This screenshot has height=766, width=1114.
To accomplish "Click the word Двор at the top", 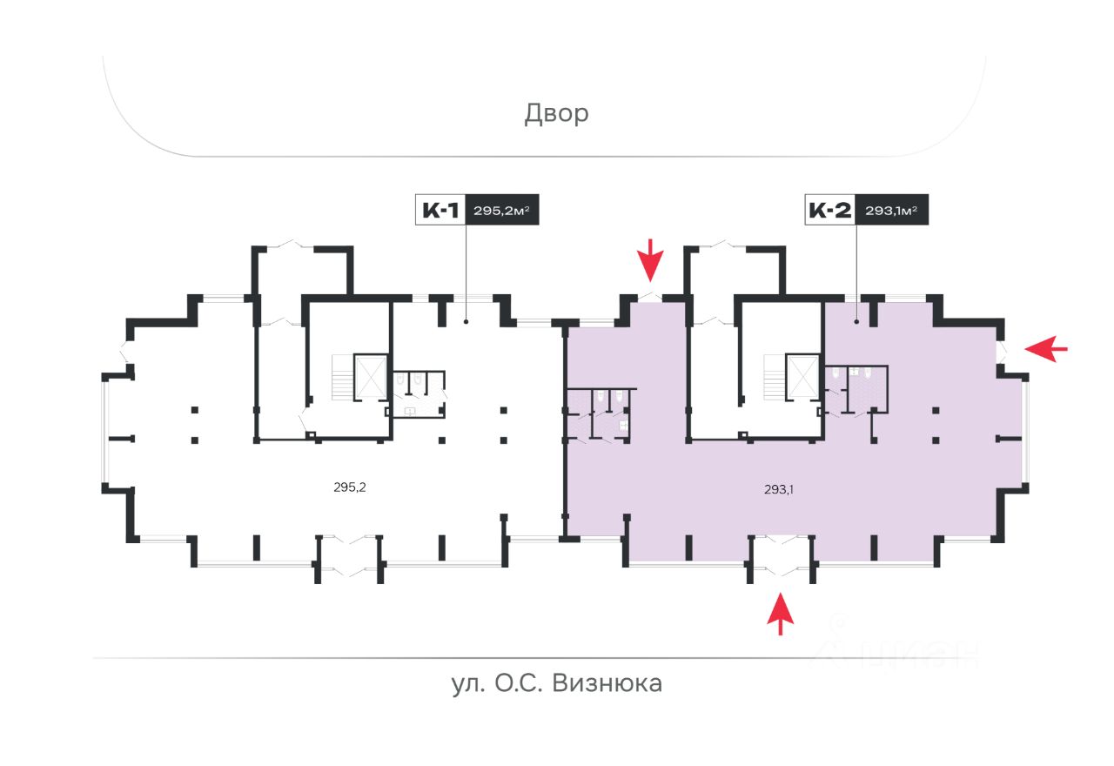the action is pyautogui.click(x=556, y=114).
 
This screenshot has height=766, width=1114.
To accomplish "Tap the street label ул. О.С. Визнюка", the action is pyautogui.click(x=557, y=683).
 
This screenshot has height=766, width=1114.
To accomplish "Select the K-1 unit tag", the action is pyautogui.click(x=440, y=210).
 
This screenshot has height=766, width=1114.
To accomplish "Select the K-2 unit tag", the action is pyautogui.click(x=830, y=210).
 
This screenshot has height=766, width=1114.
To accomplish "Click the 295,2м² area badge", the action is pyautogui.click(x=502, y=210).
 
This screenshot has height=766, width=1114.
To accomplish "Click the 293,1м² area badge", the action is pyautogui.click(x=891, y=210).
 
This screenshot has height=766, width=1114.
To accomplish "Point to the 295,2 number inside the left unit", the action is pyautogui.click(x=350, y=487).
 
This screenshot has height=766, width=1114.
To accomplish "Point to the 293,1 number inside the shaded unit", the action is pyautogui.click(x=779, y=490).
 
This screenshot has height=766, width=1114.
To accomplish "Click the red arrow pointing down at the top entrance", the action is pyautogui.click(x=650, y=260).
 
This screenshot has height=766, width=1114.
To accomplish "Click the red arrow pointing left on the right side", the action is pyautogui.click(x=1046, y=349).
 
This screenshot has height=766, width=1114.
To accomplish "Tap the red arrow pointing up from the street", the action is pyautogui.click(x=781, y=614).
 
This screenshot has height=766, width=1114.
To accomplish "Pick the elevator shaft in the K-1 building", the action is pyautogui.click(x=371, y=377).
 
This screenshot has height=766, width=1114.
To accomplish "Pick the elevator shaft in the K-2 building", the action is pyautogui.click(x=802, y=377).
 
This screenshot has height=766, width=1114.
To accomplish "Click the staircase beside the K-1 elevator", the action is pyautogui.click(x=343, y=377).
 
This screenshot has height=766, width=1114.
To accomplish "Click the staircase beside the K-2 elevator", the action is pyautogui.click(x=775, y=377).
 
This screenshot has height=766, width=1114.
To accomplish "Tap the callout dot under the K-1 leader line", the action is pyautogui.click(x=466, y=322).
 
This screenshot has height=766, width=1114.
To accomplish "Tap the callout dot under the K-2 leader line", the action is pyautogui.click(x=856, y=322).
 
